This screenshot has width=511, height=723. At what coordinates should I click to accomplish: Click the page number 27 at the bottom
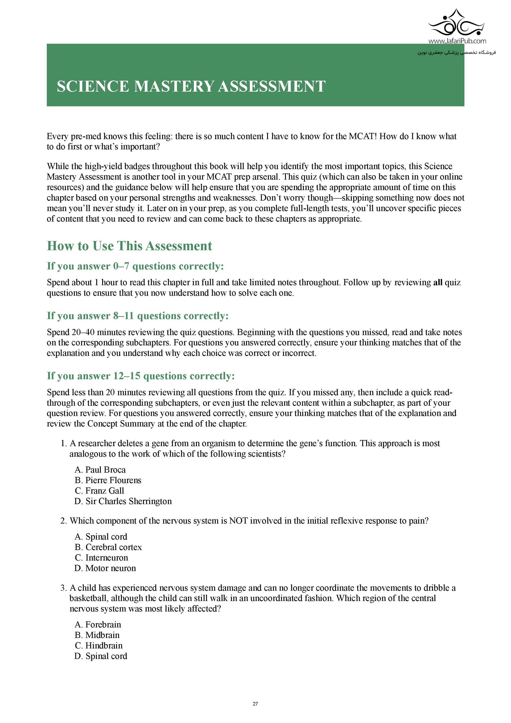[x=255, y=704]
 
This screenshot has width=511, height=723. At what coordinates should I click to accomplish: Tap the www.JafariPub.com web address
[x=457, y=41]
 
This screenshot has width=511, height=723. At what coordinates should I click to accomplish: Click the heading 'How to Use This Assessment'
[x=129, y=246]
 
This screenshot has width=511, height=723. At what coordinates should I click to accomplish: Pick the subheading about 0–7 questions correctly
[x=135, y=266]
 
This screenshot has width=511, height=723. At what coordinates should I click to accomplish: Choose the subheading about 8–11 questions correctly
[x=138, y=316]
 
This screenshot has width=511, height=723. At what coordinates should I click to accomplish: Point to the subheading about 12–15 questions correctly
[x=141, y=376]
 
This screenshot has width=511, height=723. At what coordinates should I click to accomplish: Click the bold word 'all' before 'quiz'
[x=438, y=282]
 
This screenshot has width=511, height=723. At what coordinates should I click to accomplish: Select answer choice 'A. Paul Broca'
[x=100, y=470]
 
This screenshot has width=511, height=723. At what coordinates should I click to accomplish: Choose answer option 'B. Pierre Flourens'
[x=108, y=480]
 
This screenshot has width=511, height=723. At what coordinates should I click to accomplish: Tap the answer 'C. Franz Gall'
[x=99, y=491]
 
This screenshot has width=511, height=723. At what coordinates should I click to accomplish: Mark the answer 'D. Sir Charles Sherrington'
[x=123, y=501]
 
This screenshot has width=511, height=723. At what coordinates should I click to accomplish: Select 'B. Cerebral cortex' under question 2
[x=108, y=547]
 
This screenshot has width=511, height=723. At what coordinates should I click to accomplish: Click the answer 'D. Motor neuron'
[x=105, y=568]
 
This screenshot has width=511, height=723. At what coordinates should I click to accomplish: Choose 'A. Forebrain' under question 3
[x=98, y=624]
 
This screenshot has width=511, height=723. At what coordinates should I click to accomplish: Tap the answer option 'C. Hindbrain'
[x=99, y=645]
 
